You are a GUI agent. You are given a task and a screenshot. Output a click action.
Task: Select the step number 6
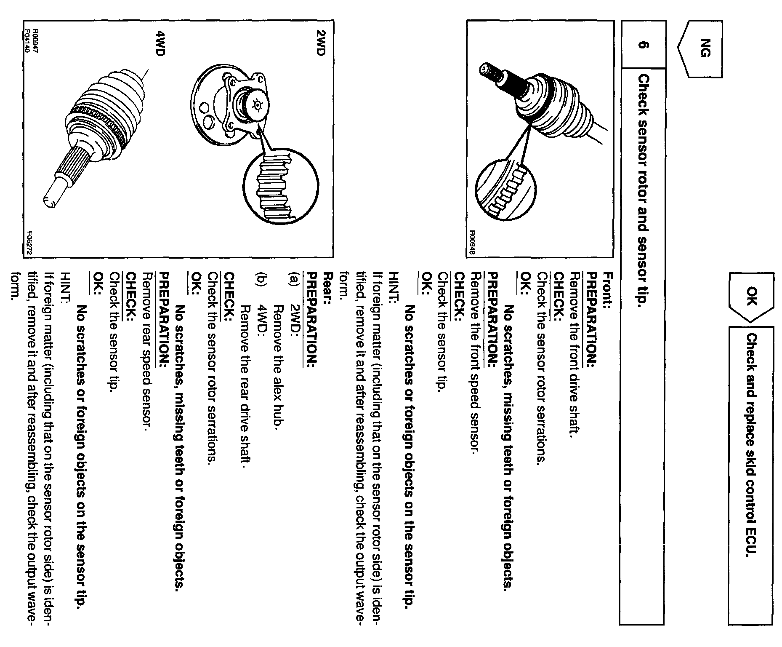pyautogui.click(x=643, y=45)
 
